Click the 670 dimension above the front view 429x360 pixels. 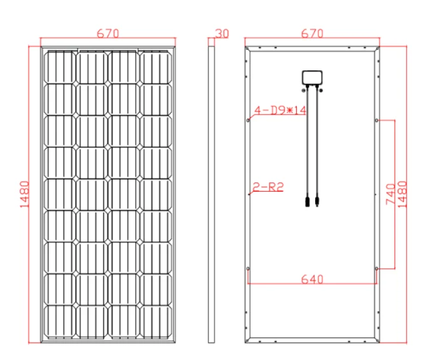point(108,34)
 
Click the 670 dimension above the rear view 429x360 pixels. point(312,34)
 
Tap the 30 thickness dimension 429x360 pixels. point(222,34)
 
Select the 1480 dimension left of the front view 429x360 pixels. point(25,194)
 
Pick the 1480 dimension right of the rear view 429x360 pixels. point(402,194)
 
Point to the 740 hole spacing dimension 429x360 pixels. point(390,194)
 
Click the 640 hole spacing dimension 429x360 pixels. point(312,279)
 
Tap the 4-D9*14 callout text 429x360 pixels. point(280,110)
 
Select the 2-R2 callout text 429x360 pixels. point(268,187)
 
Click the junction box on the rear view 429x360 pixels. point(312,77)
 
